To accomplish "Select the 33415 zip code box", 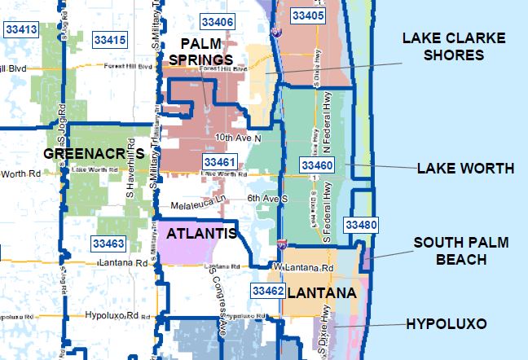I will pyautogui.click(x=109, y=39).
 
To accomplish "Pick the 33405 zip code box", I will pyautogui.click(x=307, y=15).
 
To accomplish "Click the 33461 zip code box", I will pyautogui.click(x=220, y=163).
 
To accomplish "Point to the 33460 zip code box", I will pyautogui.click(x=316, y=165).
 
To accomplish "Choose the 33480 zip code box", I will pyautogui.click(x=360, y=224).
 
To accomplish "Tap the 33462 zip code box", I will pyautogui.click(x=267, y=291).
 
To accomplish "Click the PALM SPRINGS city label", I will pyautogui.click(x=206, y=50).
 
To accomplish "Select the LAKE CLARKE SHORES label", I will pyautogui.click(x=454, y=47).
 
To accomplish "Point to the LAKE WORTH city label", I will pyautogui.click(x=465, y=169).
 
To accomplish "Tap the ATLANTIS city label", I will pyautogui.click(x=200, y=234).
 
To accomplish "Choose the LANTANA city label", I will pyautogui.click(x=322, y=292).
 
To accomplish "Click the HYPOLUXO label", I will pyautogui.click(x=446, y=324).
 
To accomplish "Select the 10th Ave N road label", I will pyautogui.click(x=239, y=137).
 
